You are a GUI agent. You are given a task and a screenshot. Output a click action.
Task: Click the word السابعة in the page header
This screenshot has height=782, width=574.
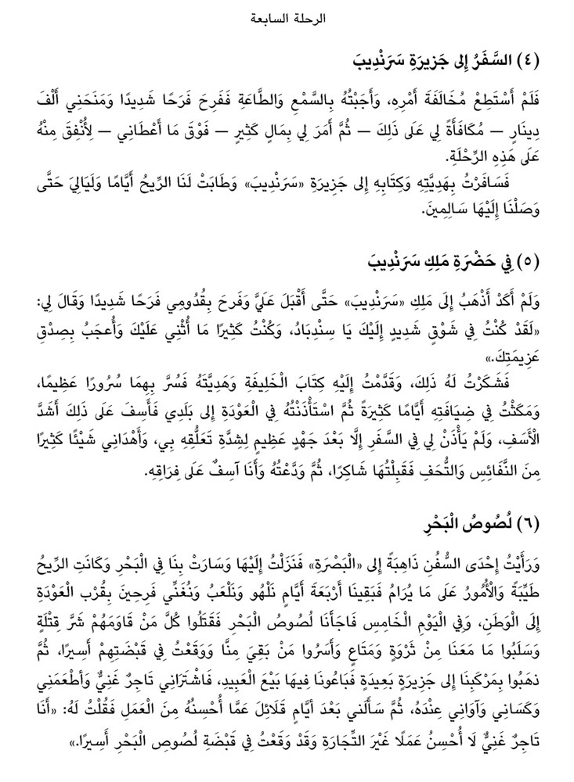tap(272, 16)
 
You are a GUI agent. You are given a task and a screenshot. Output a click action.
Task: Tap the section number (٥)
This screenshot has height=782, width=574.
tap(546, 260)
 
